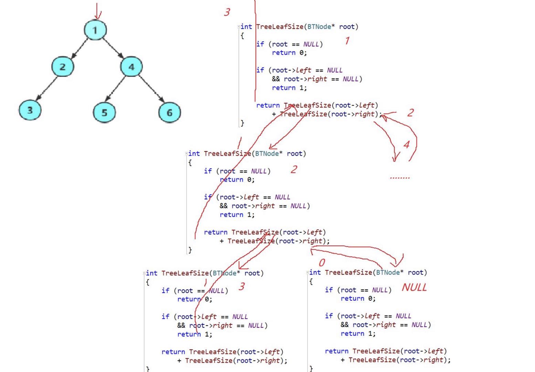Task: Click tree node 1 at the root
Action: [x=95, y=30]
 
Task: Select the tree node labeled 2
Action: [x=63, y=66]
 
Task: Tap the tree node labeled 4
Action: [x=132, y=66]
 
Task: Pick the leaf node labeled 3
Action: [x=30, y=110]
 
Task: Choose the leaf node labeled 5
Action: [x=104, y=112]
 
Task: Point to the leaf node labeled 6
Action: [x=169, y=112]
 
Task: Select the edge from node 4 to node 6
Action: [x=151, y=89]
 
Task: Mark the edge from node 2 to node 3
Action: [x=46, y=88]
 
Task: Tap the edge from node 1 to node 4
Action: [x=113, y=48]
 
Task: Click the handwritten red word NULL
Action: [x=414, y=287]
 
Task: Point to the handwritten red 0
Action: [x=322, y=263]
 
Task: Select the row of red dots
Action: [x=400, y=178]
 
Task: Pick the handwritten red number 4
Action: [x=407, y=145]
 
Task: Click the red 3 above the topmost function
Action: [x=227, y=12]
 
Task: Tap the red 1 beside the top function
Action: [x=347, y=41]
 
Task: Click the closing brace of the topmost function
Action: [x=242, y=123]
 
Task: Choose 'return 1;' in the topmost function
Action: [x=289, y=88]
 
